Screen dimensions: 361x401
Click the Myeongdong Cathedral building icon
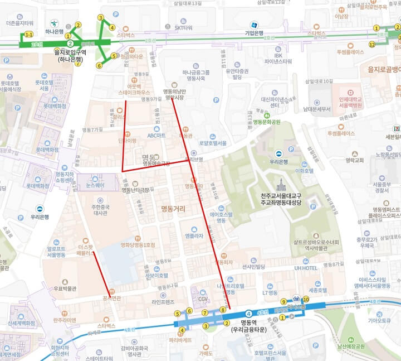pos(281,185)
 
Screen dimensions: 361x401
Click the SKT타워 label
pos(183,27)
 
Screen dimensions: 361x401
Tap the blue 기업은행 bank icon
pos(254,25)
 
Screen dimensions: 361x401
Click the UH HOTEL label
pos(305,268)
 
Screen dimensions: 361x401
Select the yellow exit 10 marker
pos(305,299)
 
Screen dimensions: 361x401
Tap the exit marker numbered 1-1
pos(28,35)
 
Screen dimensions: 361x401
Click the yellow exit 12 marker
pos(372,44)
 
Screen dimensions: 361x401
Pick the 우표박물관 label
pos(64,289)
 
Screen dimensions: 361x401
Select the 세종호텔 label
pos(317,290)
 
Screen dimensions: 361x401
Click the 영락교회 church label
pos(354,160)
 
